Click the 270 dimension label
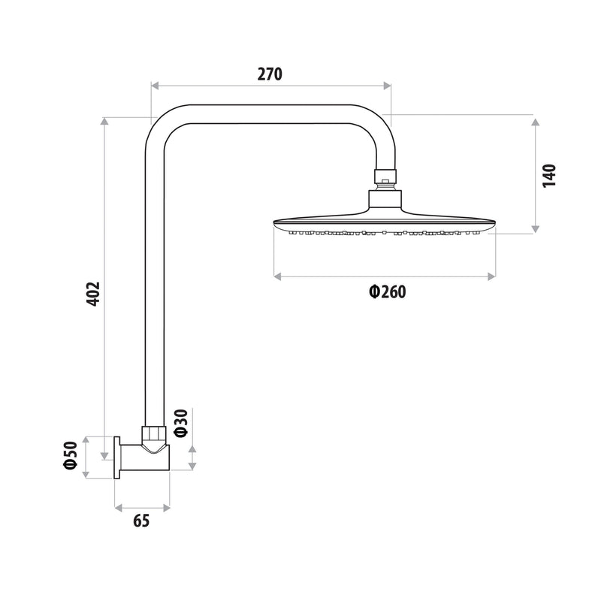coord(270,74)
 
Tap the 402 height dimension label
coord(93,294)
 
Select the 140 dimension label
coord(549,176)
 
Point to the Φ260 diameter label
coord(387,291)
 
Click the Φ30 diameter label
coord(181,423)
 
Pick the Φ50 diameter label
coord(71,455)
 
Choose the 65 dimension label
coord(141,521)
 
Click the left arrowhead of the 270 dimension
coord(155,86)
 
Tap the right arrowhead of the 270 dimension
coord(387,86)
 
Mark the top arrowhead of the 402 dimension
coord(104,121)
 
